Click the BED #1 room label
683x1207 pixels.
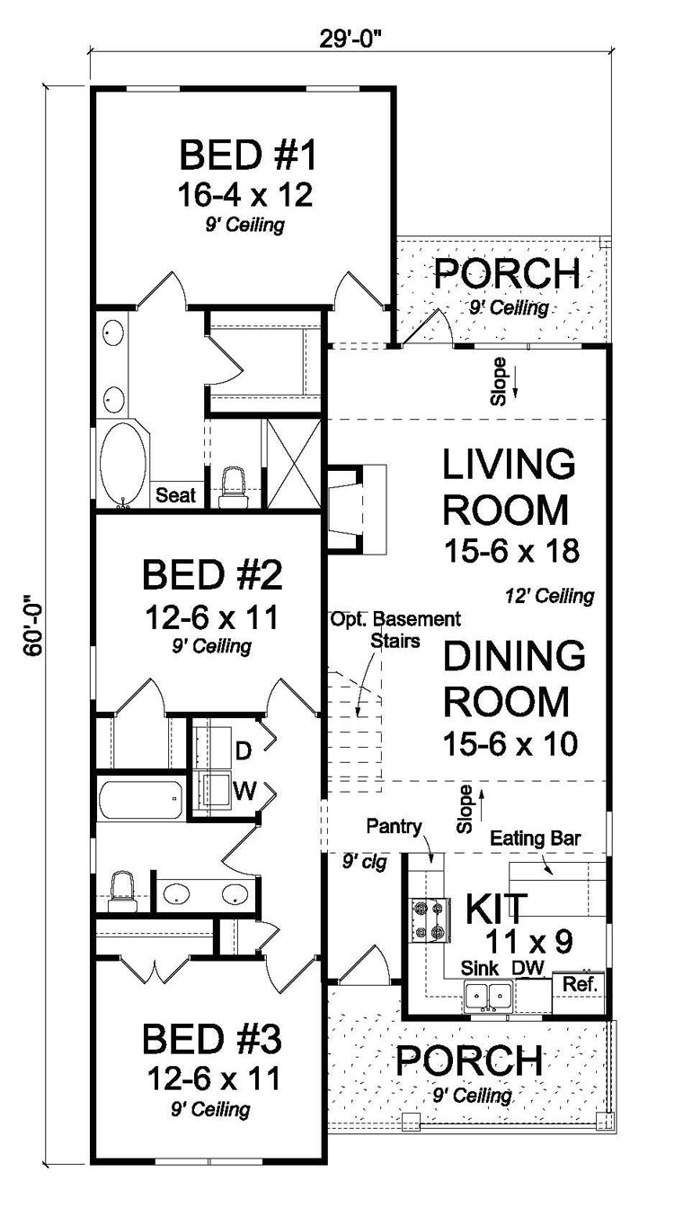247,155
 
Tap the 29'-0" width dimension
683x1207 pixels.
353,40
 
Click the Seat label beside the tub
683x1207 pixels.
175,494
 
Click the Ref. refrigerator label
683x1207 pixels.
581,984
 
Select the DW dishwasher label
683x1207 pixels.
528,968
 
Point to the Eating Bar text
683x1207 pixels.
536,839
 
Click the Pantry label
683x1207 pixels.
394,826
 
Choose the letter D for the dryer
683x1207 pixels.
244,751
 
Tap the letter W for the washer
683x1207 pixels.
244,791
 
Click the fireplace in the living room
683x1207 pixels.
357,510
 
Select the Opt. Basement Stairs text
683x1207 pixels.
395,630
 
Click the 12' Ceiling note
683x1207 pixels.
550,596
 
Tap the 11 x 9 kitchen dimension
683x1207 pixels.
529,942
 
